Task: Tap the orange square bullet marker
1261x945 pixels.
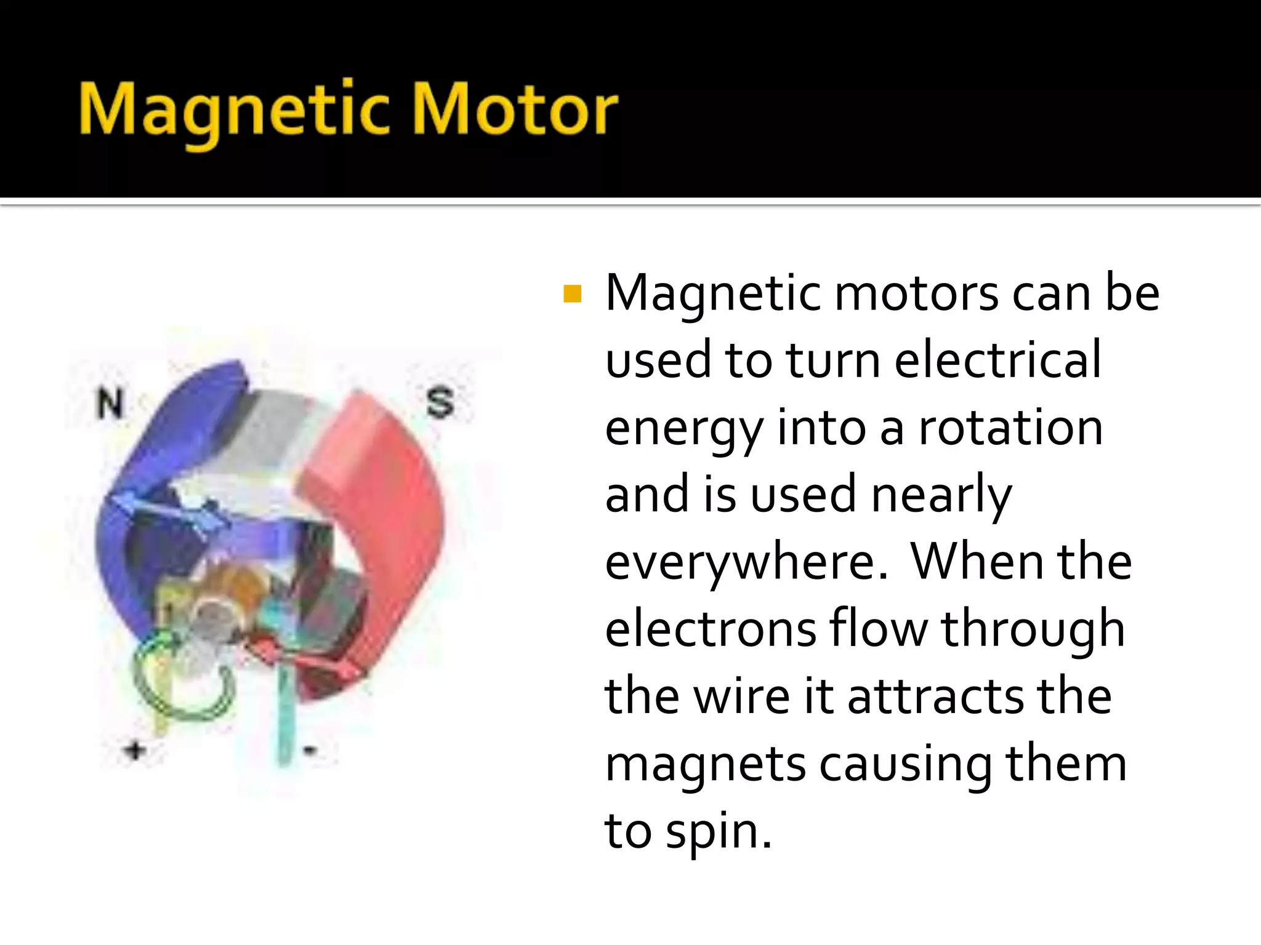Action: (x=572, y=294)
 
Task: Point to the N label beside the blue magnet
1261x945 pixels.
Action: (x=111, y=403)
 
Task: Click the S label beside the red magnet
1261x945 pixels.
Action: (x=440, y=403)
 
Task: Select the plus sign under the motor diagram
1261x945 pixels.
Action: (x=135, y=750)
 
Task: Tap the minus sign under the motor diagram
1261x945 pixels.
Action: (x=310, y=750)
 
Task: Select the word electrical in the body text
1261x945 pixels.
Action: (x=997, y=360)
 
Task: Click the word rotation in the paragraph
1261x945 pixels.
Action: (x=1010, y=428)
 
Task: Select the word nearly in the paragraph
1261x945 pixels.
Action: (x=941, y=495)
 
